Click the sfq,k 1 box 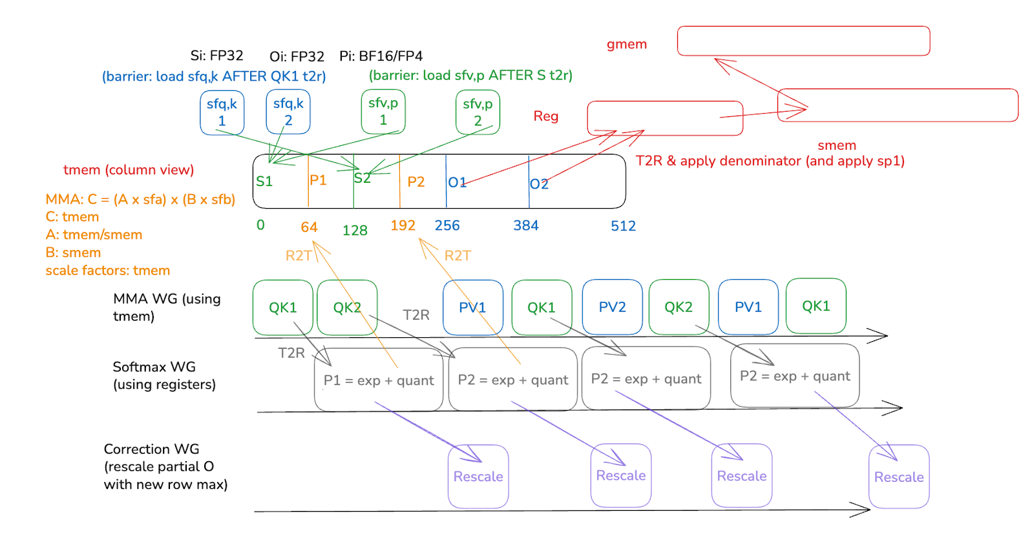pos(222,112)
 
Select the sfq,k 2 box pos(288,112)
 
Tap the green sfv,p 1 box pos(383,111)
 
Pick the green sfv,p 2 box pos(478,112)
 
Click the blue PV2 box pos(612,307)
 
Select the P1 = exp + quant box pos(379,380)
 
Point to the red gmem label pos(627,45)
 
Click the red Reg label pos(546,116)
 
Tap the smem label pos(837,145)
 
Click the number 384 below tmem pos(526,225)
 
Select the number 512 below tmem pos(624,226)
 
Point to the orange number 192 pos(403,225)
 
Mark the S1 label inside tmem pos(264,182)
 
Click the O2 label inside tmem pos(539,184)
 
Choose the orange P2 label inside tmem pos(416,182)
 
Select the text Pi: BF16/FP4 pos(381,56)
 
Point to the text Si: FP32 pos(216,56)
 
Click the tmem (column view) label pos(129,170)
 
